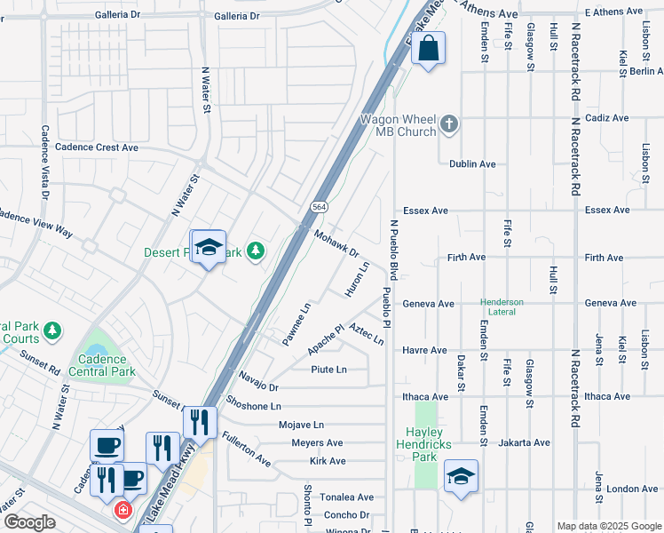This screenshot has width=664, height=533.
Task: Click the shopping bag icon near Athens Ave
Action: click(x=428, y=50)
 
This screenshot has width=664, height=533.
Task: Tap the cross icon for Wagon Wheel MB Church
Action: click(x=449, y=123)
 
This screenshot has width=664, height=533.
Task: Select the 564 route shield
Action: click(x=319, y=206)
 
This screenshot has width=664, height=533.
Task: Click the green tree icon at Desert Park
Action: click(x=256, y=252)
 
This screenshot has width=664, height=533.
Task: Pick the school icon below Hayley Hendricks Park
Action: click(x=461, y=477)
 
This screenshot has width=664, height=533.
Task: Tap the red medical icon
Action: click(x=123, y=511)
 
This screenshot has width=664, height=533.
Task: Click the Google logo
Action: click(x=28, y=522)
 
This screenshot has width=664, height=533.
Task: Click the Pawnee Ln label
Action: click(x=296, y=324)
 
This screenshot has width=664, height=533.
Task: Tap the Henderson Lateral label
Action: click(x=502, y=306)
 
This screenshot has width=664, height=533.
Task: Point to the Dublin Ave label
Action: click(x=472, y=164)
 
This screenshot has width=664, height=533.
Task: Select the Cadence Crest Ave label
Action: click(x=97, y=147)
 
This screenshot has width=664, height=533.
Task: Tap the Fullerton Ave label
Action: click(x=246, y=449)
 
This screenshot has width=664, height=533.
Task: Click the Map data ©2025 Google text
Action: click(x=608, y=525)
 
